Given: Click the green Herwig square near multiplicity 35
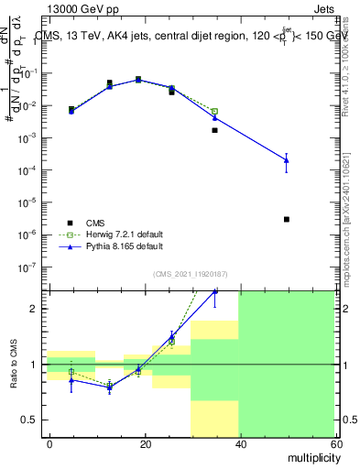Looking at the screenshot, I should (x=215, y=112).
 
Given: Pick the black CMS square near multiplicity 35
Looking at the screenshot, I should (x=215, y=130).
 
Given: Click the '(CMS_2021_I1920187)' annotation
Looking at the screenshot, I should (x=190, y=273).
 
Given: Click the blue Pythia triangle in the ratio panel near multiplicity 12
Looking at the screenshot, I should (x=110, y=387).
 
